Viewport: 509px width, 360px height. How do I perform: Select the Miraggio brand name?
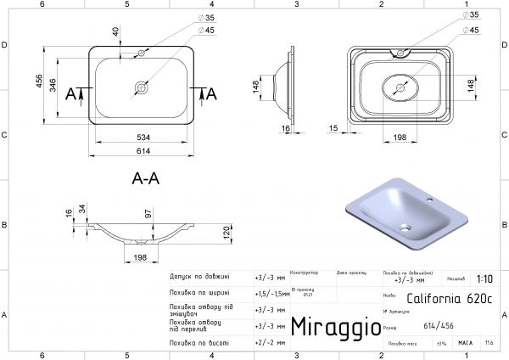pos(331,327)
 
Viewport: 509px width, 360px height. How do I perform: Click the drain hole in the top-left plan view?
pos(142,86)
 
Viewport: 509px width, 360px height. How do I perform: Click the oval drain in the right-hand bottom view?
pos(402,87)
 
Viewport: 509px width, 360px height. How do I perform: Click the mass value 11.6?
pos(489,343)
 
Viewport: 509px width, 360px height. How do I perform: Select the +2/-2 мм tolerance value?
pos(267,343)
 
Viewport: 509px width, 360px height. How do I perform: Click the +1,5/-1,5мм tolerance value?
pos(270,292)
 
